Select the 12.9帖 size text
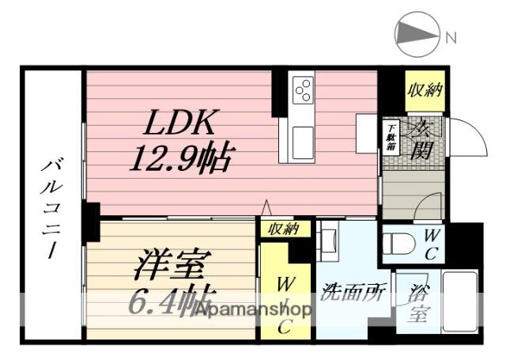coord(181,159)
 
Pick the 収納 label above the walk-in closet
coord(281,229)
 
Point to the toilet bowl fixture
coord(399,243)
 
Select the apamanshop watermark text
coord(253,309)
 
